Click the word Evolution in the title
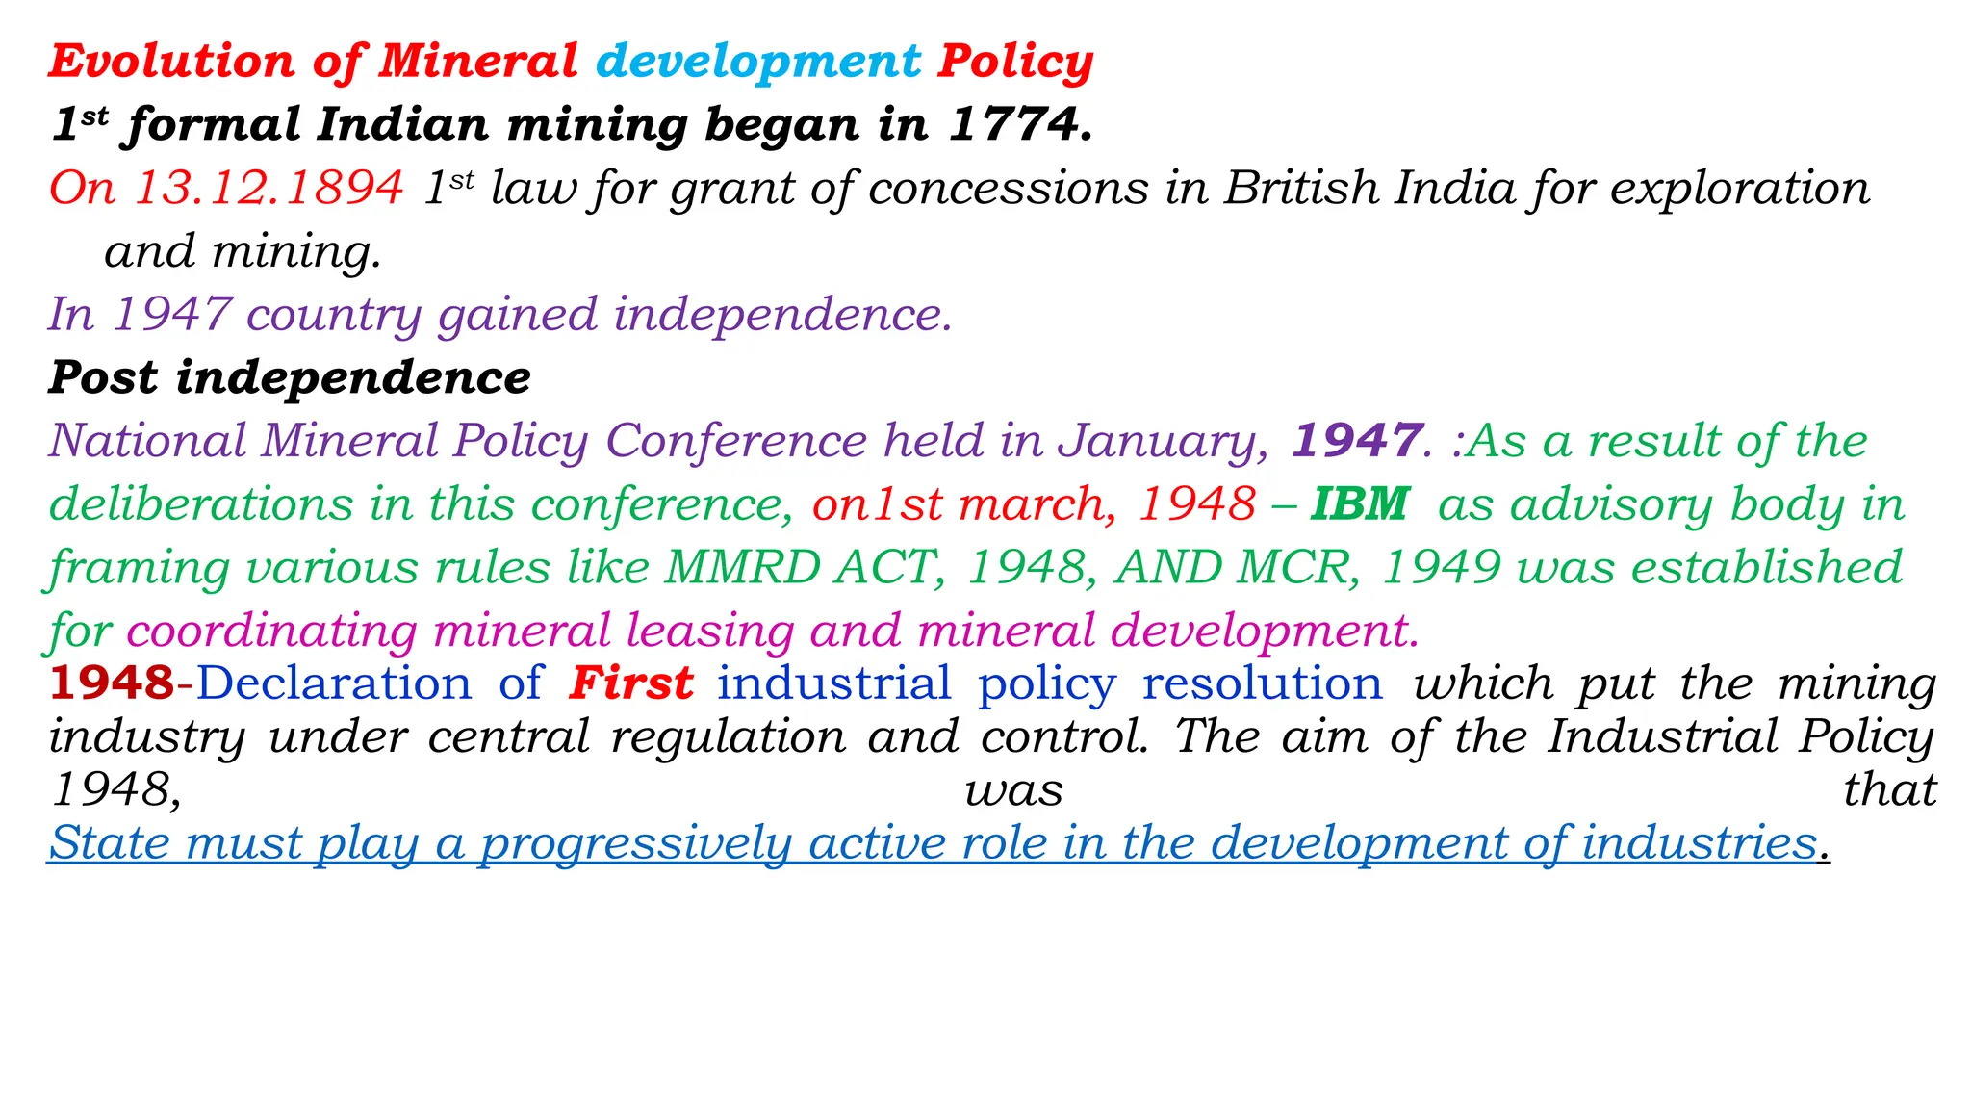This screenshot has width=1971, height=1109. point(171,62)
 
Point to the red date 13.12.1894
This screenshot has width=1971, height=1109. point(269,188)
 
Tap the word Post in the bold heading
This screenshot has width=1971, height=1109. point(103,377)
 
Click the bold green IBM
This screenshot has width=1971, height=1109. point(1359,504)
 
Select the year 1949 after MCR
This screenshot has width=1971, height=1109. point(1440,568)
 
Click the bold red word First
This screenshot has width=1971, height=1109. point(630,683)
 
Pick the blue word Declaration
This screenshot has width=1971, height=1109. point(334,683)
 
